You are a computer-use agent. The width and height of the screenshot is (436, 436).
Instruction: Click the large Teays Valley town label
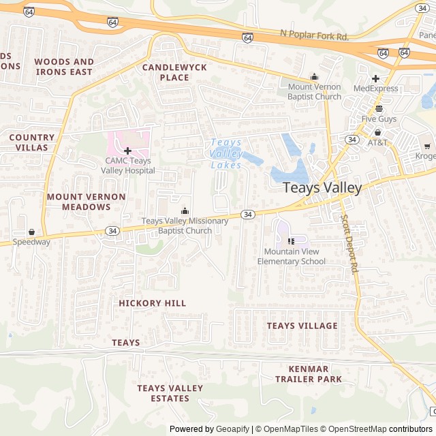pos(322,187)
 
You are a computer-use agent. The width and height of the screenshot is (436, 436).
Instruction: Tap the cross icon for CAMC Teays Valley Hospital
pos(127,150)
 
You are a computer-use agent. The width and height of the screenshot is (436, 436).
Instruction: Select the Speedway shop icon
pos(31,232)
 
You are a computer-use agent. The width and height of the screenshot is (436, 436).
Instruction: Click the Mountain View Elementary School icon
pos(291,240)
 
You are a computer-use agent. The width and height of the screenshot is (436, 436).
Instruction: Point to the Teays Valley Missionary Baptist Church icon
pos(185,211)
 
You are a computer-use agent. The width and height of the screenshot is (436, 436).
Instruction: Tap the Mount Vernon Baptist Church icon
pos(314,76)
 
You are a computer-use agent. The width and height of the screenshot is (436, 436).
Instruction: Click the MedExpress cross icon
pos(375,78)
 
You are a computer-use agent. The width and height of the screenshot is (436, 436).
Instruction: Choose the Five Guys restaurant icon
pos(379,108)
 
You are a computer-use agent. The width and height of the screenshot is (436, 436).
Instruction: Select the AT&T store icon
pos(377,132)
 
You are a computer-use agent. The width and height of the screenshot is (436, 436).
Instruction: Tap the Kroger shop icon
pos(426,145)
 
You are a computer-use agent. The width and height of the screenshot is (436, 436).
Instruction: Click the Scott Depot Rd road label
pos(348,243)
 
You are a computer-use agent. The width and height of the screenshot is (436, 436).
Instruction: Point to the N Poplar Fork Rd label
pos(314,33)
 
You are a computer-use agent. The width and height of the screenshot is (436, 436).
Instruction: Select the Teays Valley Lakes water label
pos(226,154)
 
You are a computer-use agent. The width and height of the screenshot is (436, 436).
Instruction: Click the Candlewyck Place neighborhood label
pos(165,72)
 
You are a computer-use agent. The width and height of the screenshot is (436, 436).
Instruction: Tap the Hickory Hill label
pos(152,302)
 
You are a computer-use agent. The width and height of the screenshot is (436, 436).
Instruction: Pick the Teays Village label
pos(302,326)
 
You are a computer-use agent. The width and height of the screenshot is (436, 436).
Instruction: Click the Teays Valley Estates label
pos(170,393)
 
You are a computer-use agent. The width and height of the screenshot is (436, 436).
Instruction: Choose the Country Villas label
pos(32,142)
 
